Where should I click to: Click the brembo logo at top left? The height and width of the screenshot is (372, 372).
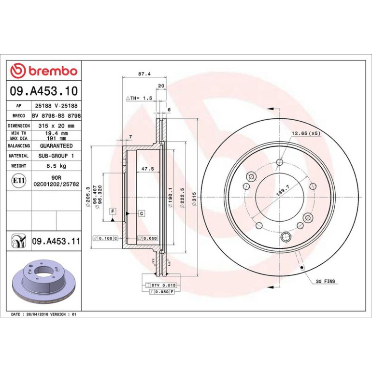click(44, 71)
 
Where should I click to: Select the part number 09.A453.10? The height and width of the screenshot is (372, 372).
click(44, 91)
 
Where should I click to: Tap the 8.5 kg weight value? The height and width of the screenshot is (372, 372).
click(57, 166)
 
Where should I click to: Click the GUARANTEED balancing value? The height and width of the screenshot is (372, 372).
click(56, 146)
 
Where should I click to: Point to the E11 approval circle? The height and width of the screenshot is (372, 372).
click(19, 181)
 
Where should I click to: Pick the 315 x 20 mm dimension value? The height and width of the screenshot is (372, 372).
click(57, 126)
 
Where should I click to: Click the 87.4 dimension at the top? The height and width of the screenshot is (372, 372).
click(144, 74)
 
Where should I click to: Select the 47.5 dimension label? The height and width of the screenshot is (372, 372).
click(147, 169)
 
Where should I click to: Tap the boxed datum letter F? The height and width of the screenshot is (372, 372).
click(113, 211)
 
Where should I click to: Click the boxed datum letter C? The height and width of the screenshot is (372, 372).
click(142, 213)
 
